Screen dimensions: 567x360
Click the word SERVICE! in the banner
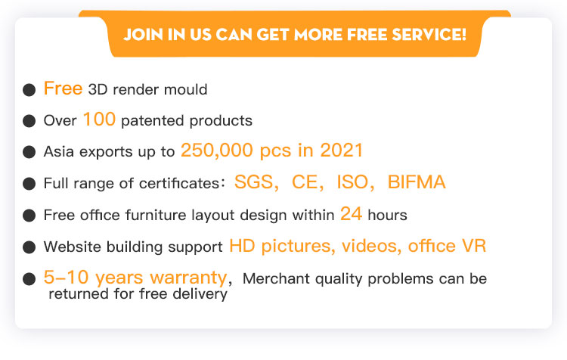(x=429, y=35)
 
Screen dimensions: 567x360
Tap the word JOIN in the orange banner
(x=143, y=35)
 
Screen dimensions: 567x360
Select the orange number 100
(x=99, y=119)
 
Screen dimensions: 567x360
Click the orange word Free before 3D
(x=63, y=88)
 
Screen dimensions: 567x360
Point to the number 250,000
(x=217, y=151)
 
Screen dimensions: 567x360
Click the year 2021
(x=342, y=151)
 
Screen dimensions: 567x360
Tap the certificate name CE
(x=305, y=182)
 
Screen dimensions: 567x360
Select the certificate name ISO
(x=352, y=182)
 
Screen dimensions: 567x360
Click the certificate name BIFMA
(x=417, y=182)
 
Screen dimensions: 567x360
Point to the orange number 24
(x=351, y=213)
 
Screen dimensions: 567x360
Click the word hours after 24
(x=387, y=215)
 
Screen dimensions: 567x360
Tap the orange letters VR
(x=474, y=246)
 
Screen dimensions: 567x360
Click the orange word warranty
(x=188, y=278)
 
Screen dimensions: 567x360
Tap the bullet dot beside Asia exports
(x=29, y=152)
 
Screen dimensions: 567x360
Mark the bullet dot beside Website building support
(x=29, y=247)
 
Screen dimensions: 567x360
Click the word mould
(x=185, y=89)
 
